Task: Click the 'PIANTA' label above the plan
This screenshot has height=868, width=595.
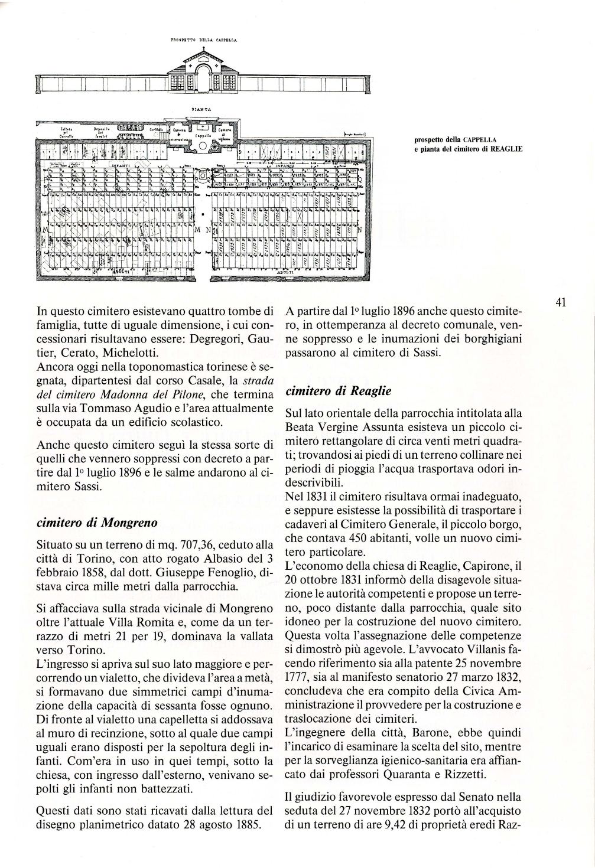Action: tap(197, 110)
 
